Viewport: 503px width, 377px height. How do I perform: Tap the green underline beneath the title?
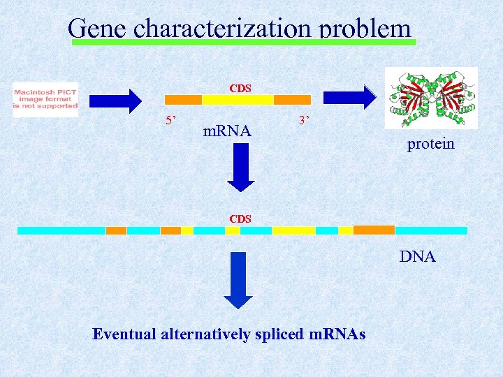(x=245, y=43)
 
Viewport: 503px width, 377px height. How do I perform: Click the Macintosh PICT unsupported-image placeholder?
(x=46, y=100)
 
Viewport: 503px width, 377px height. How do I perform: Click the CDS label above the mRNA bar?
(x=240, y=89)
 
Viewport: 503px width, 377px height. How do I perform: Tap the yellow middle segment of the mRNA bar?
(x=237, y=100)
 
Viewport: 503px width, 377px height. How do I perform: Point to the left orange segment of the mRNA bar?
(x=182, y=100)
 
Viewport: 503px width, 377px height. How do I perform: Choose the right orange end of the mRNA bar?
(x=292, y=100)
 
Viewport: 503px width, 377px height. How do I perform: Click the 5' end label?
(x=170, y=120)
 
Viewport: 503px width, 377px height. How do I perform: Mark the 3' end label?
(x=303, y=120)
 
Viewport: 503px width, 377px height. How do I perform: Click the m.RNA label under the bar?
(x=226, y=130)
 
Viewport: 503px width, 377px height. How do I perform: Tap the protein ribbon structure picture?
(x=431, y=98)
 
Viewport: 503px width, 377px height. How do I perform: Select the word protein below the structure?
(x=430, y=144)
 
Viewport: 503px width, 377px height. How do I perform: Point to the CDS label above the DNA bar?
(x=240, y=219)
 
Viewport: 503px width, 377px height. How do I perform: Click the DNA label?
(x=417, y=257)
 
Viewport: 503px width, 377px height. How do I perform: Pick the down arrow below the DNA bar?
(x=239, y=279)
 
